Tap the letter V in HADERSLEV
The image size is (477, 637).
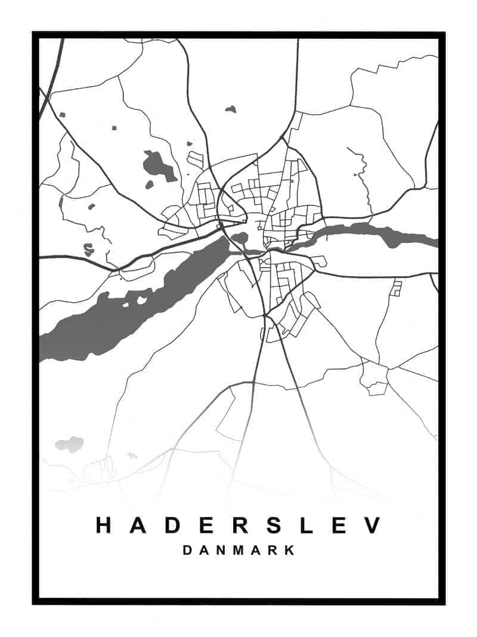[373, 525]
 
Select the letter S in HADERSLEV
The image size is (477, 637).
[274, 525]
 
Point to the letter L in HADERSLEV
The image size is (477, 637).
[307, 525]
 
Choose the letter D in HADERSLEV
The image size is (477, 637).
[172, 525]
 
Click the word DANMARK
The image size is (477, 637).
[238, 550]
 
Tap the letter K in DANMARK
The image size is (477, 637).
[289, 550]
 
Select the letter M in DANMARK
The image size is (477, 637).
[238, 550]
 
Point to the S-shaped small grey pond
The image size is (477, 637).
[88, 249]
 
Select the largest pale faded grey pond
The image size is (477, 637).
[69, 444]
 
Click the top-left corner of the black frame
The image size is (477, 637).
[35, 35]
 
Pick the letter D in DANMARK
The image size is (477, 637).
[187, 550]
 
